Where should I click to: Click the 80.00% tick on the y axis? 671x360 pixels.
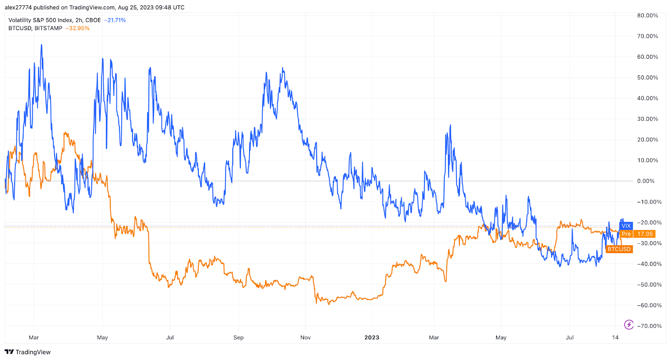[x=648, y=16]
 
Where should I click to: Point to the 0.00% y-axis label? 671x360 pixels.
[x=646, y=181]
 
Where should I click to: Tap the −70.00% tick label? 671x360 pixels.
[x=649, y=326]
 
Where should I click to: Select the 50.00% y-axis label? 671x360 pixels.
[x=648, y=78]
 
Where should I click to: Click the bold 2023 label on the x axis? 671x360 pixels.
[x=372, y=337]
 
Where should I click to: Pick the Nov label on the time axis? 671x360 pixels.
[x=305, y=337]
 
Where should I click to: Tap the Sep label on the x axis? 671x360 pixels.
[x=238, y=337]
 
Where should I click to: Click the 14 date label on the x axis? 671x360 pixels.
[x=615, y=337]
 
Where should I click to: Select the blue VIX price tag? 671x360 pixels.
[x=626, y=226]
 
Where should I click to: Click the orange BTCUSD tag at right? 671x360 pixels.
[x=619, y=249]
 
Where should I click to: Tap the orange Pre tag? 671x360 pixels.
[x=626, y=234]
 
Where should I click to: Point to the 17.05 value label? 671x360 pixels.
[x=645, y=234]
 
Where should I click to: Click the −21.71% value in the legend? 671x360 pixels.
[x=115, y=20]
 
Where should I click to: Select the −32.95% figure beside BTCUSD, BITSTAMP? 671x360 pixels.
[x=78, y=28]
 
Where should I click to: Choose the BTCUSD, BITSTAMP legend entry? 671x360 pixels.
[x=35, y=28]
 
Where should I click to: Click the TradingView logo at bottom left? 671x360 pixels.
[x=28, y=352]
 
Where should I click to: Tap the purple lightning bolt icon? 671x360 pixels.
[x=629, y=324]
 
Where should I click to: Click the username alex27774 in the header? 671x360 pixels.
[x=18, y=8]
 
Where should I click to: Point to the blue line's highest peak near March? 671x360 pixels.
[x=41, y=45]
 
